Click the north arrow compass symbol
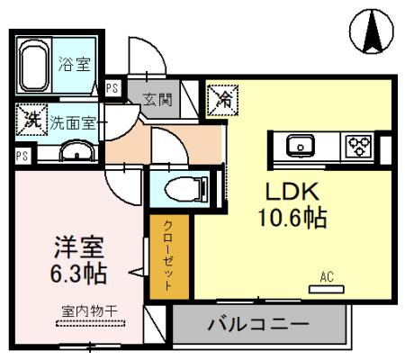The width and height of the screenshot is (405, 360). [372, 31]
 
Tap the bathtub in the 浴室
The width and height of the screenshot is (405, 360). [34, 65]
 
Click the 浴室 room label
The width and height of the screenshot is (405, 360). [74, 64]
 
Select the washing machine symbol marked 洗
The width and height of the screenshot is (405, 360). [32, 120]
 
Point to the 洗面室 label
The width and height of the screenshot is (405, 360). [73, 122]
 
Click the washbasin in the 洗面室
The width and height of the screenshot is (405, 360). [77, 150]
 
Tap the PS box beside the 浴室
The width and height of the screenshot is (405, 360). [112, 88]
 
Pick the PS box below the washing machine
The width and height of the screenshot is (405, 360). [22, 156]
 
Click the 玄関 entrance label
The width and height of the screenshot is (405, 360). [157, 100]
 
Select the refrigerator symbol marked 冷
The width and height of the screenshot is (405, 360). [223, 100]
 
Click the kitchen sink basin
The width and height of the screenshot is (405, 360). [301, 146]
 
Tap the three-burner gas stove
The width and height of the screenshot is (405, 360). [358, 146]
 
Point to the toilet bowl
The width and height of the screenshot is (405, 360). [186, 189]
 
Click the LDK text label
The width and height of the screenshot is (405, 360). [292, 192]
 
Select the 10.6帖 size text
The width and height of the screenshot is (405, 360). [292, 218]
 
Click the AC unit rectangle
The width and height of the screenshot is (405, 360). [327, 289]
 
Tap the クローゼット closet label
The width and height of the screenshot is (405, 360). [168, 256]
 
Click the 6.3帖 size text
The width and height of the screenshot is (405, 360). [78, 274]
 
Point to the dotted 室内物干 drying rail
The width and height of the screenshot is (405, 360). [90, 323]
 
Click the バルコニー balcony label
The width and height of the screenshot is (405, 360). [258, 324]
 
